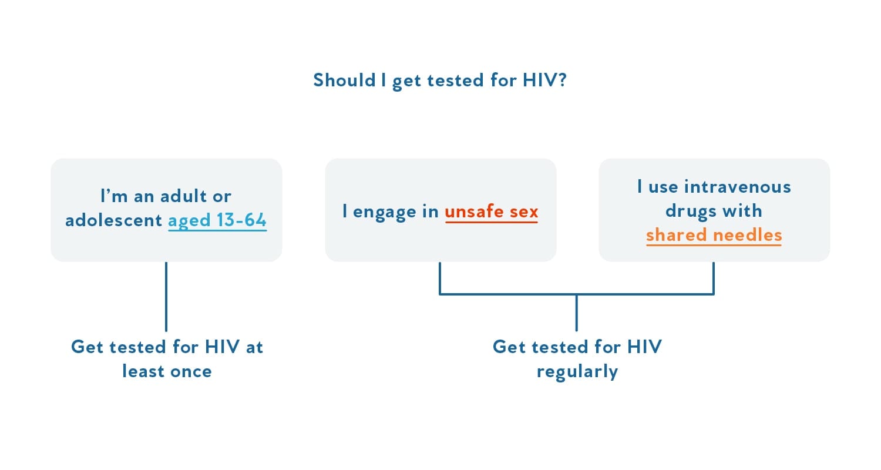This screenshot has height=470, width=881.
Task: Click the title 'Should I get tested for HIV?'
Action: click(x=439, y=80)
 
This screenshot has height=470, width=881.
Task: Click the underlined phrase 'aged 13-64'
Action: click(x=217, y=220)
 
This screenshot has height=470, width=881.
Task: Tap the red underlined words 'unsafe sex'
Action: click(x=491, y=211)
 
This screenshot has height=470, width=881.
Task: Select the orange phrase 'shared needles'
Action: click(x=714, y=235)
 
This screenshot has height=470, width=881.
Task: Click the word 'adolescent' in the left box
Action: click(x=113, y=220)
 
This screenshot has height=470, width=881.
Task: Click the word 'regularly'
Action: click(x=577, y=371)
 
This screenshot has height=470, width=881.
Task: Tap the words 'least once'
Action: click(x=167, y=371)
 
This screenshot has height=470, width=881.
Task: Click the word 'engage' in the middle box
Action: click(x=384, y=211)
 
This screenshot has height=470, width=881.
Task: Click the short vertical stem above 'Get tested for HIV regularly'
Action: click(x=577, y=313)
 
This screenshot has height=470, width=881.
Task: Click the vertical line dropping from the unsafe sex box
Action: click(x=440, y=277)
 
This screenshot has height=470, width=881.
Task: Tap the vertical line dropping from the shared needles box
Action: click(x=714, y=277)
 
